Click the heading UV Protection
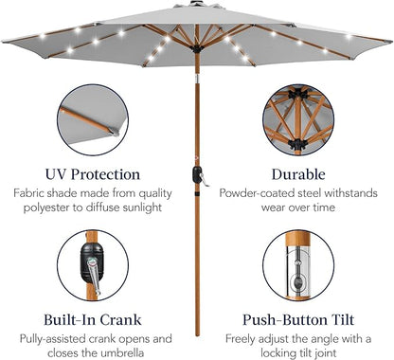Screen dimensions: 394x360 point(93,174)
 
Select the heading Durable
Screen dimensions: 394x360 point(298,174)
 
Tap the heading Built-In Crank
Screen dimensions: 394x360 point(93,319)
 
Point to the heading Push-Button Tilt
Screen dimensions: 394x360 point(298,319)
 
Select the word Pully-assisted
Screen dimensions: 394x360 point(52,339)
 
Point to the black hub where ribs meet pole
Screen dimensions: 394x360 point(197,49)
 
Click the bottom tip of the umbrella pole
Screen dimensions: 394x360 point(197,335)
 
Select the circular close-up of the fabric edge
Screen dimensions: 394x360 point(93,119)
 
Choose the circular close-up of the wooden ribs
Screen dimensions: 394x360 point(298,119)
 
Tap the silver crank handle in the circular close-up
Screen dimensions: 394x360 point(95,276)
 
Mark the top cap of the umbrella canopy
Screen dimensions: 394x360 point(197,4)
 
